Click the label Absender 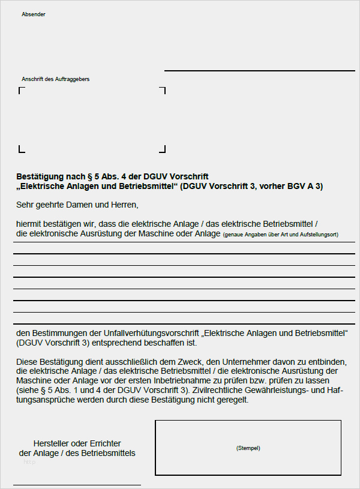tap(33, 14)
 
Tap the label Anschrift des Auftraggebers tap(55, 79)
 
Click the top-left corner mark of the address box tap(21, 89)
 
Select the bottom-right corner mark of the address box tap(163, 149)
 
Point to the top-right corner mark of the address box tap(163, 89)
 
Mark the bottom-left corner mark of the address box tap(21, 149)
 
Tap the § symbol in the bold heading tap(90, 176)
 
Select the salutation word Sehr tap(26, 205)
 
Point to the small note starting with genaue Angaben tap(280, 235)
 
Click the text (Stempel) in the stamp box tap(248, 448)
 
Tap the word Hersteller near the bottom tap(55, 442)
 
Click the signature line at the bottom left tap(77, 484)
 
